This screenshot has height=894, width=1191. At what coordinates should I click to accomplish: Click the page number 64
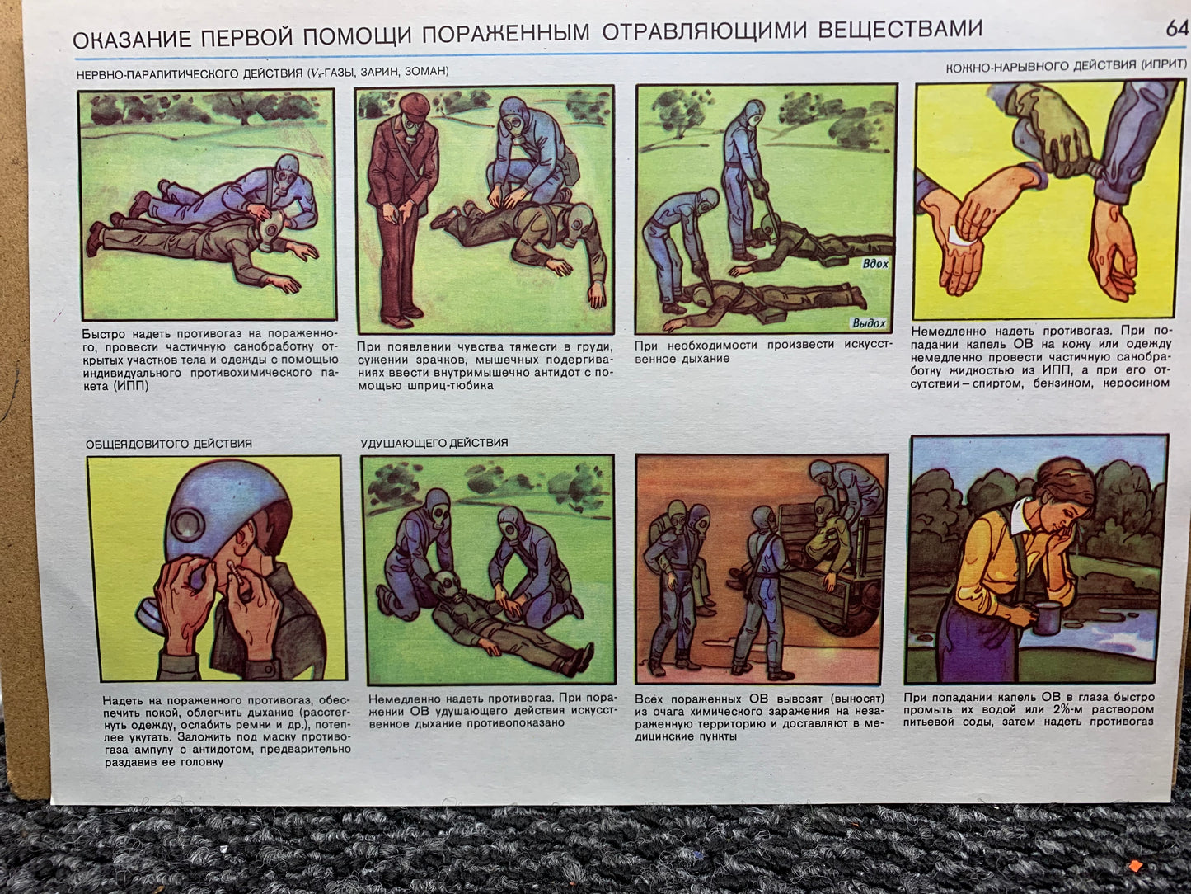click(x=1176, y=28)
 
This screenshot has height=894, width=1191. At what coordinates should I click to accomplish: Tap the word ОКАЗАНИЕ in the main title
click(x=132, y=40)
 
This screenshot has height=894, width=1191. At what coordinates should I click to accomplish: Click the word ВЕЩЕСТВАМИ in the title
click(x=900, y=28)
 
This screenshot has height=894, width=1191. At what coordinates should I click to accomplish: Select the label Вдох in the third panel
click(x=875, y=264)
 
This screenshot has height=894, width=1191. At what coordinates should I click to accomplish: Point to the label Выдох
click(x=869, y=323)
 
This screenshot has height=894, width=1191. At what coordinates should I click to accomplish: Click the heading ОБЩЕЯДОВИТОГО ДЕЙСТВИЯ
click(x=169, y=444)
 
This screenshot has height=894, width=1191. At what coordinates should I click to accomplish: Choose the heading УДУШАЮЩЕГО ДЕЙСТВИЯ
click(x=434, y=443)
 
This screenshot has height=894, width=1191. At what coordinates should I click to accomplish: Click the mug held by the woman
click(x=1045, y=619)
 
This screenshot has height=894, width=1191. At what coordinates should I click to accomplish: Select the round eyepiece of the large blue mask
click(x=188, y=524)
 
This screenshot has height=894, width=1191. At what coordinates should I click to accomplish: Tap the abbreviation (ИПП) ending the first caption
click(x=131, y=386)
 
